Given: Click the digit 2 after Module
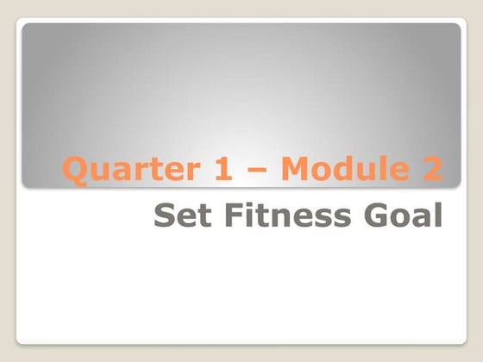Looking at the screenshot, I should pos(431,170).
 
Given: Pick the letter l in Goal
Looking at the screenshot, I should pos(436,215).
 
